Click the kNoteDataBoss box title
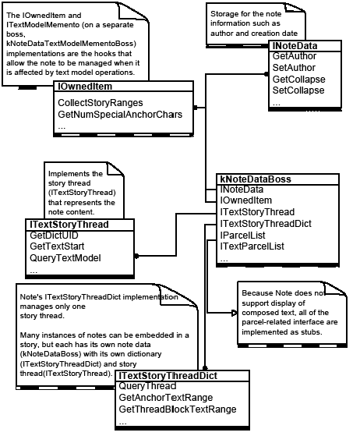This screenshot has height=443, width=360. [x=256, y=179]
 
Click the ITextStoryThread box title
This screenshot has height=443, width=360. [x=68, y=224]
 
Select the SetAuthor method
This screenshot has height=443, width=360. [x=292, y=69]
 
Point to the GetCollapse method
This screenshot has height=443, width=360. [x=298, y=80]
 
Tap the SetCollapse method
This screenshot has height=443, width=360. [x=298, y=90]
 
